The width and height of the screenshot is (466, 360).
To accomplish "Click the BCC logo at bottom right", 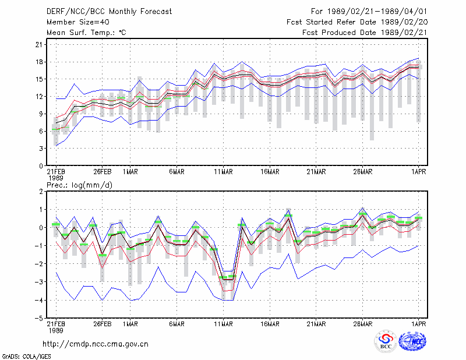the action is click(386, 341).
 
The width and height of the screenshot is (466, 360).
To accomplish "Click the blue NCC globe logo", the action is click(412, 341).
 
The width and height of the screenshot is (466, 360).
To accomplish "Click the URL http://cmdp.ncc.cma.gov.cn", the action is click(96, 344).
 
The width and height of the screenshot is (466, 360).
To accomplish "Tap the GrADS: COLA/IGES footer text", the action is click(26, 357).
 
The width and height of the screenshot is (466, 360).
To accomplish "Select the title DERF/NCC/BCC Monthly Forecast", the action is click(109, 12).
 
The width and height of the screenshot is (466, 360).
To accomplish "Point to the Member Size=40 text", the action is click(78, 22).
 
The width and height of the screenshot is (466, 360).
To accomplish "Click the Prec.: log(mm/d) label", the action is click(79, 185).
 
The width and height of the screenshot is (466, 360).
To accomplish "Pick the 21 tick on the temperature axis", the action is click(39, 45).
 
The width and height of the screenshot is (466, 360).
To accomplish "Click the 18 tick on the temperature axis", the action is click(39, 62).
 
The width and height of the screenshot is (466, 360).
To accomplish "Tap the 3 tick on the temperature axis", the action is click(41, 149).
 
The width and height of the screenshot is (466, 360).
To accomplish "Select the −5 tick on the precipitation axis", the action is click(38, 318).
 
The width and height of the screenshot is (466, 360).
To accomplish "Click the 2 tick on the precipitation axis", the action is click(41, 191).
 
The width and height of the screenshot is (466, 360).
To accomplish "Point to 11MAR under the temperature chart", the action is click(223, 172).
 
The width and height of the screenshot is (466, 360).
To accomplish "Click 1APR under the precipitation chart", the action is click(418, 324).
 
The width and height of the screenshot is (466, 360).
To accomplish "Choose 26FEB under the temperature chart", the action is click(103, 172).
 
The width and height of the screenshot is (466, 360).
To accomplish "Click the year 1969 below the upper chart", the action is click(56, 178).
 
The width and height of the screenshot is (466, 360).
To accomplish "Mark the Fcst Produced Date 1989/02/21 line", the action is click(365, 33).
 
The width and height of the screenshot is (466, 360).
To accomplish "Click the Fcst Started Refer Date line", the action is click(357, 22).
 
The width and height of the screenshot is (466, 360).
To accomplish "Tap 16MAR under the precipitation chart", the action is click(270, 324).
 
